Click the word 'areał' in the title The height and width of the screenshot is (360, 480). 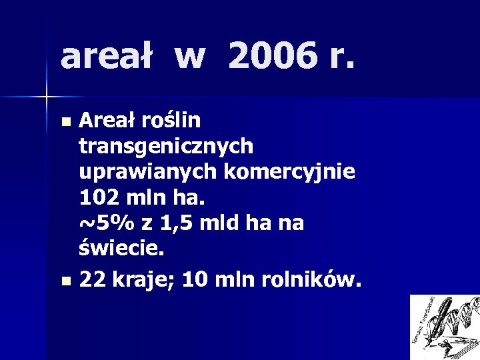point(107,57)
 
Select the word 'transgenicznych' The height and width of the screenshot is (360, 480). point(166,146)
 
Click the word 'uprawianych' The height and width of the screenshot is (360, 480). point(148,171)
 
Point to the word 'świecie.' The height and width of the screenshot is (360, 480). point(121,249)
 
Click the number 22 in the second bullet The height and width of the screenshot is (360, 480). point(91,281)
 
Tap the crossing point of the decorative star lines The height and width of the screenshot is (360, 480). point(47,97)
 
